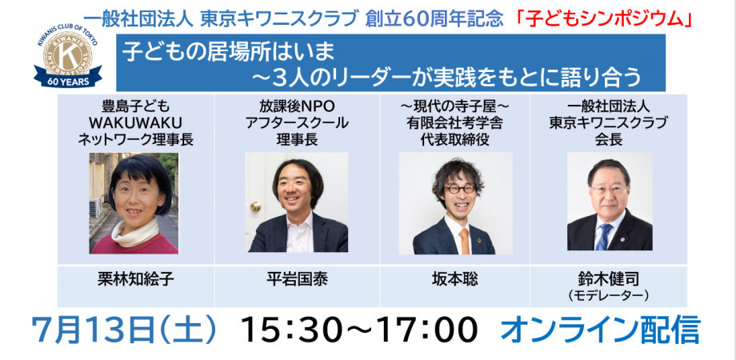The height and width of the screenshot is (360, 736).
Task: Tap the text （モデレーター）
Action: coord(609,295)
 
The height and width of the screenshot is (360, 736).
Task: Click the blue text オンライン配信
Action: coord(599,330)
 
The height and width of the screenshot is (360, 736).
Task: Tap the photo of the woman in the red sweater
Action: coord(134,203)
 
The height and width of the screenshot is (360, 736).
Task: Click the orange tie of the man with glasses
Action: coord(463,240)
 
